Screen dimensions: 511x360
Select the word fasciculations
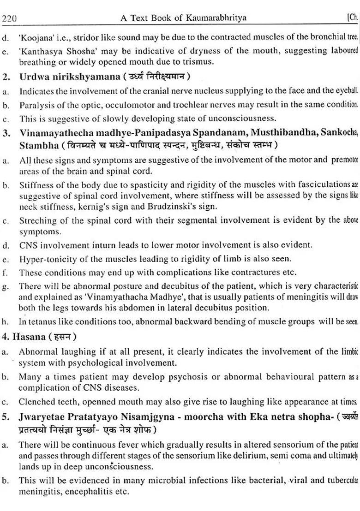tap(318, 185)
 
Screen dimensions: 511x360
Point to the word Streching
tap(38, 220)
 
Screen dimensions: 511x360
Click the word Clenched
tap(36, 401)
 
